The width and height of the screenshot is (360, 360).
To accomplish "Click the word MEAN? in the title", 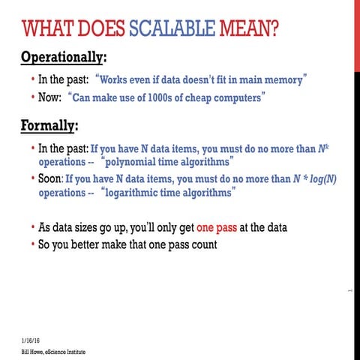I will pos(250,29).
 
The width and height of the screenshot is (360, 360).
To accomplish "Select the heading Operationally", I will pos(63,57).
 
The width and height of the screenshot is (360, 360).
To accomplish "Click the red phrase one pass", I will pos(219,227).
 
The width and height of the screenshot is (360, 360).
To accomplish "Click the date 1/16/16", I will pos(31,339).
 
